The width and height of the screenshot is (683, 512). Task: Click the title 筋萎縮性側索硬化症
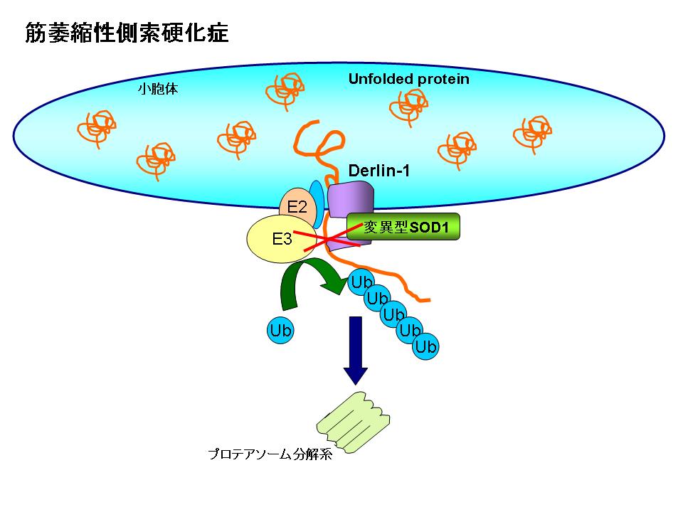click(x=127, y=33)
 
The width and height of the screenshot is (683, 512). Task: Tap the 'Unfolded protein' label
click(x=408, y=79)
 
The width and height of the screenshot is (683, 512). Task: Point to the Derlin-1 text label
click(x=379, y=171)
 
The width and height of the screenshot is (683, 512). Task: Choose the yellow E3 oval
click(x=280, y=239)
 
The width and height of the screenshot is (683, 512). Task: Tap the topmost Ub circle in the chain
click(x=361, y=284)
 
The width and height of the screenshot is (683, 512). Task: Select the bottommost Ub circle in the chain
click(x=425, y=346)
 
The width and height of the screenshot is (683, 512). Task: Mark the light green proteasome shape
click(x=353, y=422)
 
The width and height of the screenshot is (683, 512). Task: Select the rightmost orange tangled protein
click(x=532, y=133)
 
